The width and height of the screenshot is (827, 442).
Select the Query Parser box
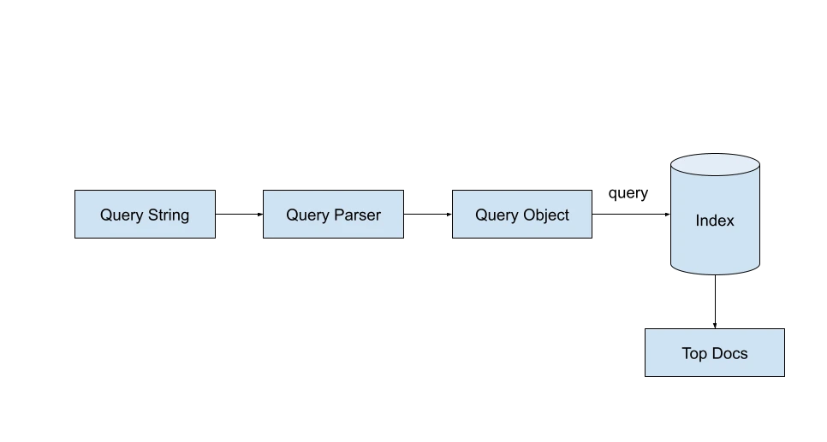click(x=332, y=214)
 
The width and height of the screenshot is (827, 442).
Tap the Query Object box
click(x=523, y=214)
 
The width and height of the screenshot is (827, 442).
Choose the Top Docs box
click(x=715, y=352)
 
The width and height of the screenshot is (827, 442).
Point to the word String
click(x=168, y=215)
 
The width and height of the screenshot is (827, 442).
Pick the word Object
click(x=546, y=215)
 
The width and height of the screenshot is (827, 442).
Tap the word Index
click(x=715, y=221)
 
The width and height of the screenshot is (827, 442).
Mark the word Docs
click(x=730, y=353)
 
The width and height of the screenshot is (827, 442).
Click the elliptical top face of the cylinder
click(x=715, y=164)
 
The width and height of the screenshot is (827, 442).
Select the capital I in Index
click(x=698, y=221)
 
